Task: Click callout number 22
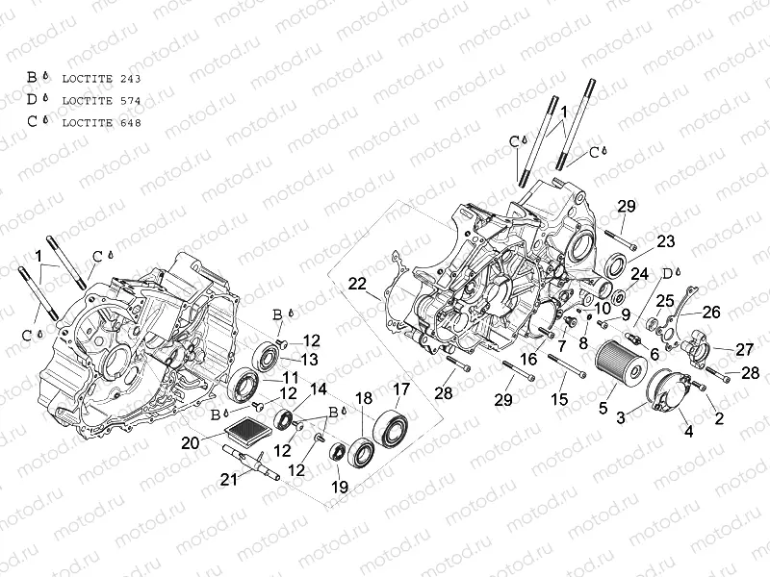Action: tap(358, 284)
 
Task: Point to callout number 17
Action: tap(399, 389)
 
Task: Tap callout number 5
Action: tap(603, 408)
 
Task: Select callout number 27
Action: tap(745, 349)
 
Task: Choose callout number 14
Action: tap(318, 389)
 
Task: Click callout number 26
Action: tap(710, 312)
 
